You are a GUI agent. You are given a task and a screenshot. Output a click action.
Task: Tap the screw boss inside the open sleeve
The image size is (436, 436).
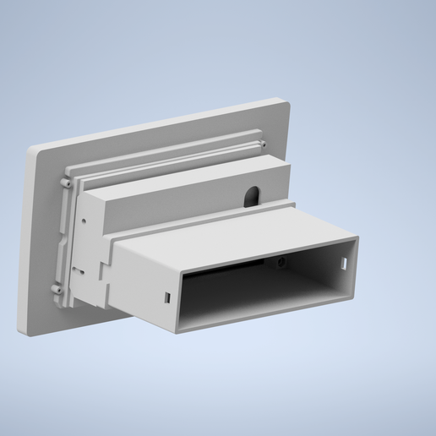(281, 262)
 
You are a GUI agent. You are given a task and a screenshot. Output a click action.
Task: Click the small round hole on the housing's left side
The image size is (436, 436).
(84, 221)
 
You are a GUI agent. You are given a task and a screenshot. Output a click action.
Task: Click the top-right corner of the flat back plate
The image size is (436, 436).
(287, 103)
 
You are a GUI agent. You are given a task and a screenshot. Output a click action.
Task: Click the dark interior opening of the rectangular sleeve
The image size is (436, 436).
(253, 292)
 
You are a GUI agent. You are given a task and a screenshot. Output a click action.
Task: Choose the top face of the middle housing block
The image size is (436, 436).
(186, 182)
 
